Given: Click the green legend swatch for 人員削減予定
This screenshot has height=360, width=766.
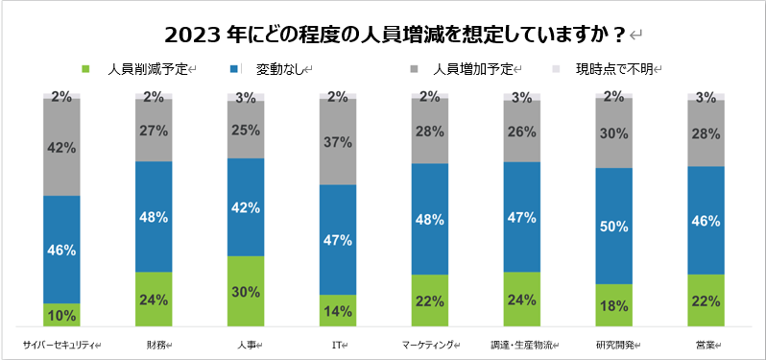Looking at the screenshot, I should [85, 69].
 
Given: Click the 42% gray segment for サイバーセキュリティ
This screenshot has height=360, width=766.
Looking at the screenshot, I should [61, 147].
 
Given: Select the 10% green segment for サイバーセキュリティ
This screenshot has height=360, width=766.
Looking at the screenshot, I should [61, 315].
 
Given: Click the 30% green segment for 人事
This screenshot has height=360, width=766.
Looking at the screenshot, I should [246, 291].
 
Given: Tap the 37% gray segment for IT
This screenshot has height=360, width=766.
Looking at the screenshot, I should [338, 141].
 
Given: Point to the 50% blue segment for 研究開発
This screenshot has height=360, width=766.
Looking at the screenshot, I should [613, 226].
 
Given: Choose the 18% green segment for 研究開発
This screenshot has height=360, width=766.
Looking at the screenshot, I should [613, 305].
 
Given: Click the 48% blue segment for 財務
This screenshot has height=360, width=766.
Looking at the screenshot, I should [154, 216].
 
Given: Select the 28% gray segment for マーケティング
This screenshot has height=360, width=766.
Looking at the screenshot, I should [429, 131].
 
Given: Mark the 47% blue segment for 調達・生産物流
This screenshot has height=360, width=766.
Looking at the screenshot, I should [521, 217].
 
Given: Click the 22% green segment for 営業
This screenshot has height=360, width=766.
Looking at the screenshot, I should [706, 300].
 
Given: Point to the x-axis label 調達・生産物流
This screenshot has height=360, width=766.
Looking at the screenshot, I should [520, 344].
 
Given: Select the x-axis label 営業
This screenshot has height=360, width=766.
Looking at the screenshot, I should [706, 344].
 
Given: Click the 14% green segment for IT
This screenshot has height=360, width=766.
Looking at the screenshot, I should [338, 310].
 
